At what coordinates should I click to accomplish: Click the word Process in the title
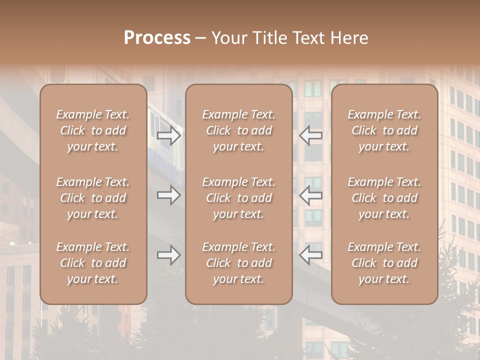point(157,38)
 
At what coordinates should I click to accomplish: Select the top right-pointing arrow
point(168,135)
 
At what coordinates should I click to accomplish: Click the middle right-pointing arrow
point(168,194)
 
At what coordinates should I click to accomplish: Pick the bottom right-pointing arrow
point(168,255)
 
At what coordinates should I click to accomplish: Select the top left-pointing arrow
point(311,135)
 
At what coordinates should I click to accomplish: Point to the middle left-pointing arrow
point(311,194)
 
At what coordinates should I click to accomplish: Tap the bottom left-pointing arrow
point(311,255)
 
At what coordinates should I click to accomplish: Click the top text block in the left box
point(93,130)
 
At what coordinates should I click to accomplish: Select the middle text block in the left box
point(93,198)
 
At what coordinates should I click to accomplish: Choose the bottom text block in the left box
point(93,263)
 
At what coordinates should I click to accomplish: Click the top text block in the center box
point(238,130)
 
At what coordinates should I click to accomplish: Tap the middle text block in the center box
point(238,198)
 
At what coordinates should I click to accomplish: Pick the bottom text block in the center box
point(238,263)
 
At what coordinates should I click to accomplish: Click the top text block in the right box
point(384,130)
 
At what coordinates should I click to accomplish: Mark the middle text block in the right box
point(384,198)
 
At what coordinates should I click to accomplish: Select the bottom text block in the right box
point(384,263)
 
